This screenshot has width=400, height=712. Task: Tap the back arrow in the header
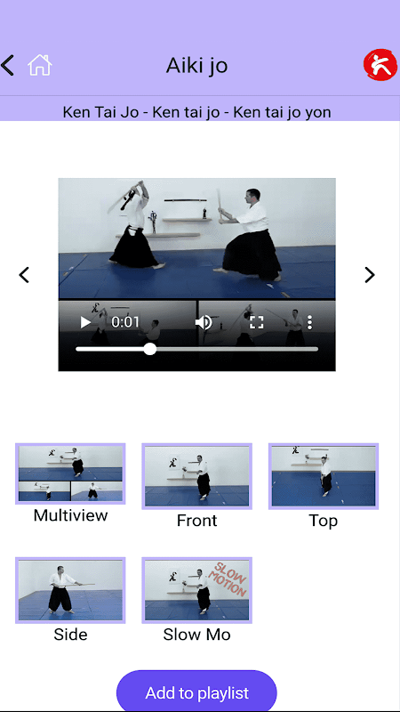pos(7,65)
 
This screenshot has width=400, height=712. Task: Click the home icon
pos(40,65)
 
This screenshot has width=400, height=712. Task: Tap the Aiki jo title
pos(196,65)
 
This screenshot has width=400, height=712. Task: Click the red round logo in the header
pos(380,65)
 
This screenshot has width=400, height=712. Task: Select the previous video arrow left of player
pos(24,275)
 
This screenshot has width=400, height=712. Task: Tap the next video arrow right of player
pos(370,275)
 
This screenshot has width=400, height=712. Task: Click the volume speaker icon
pos(204,322)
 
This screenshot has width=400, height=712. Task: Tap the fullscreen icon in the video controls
pos(257,322)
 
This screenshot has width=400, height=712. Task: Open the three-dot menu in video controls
pos(309,322)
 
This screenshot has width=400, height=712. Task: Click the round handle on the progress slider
pos(149,349)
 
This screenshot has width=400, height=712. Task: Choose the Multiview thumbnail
pos(70,473)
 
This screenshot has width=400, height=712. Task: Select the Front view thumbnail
pos(196,476)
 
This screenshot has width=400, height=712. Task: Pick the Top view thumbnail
pos(324,476)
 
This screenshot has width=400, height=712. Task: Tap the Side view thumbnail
pos(70,590)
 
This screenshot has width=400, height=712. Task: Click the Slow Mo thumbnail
pos(196,590)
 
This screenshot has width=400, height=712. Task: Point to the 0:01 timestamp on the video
pos(125,322)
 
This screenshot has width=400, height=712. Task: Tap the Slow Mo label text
pos(196,635)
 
